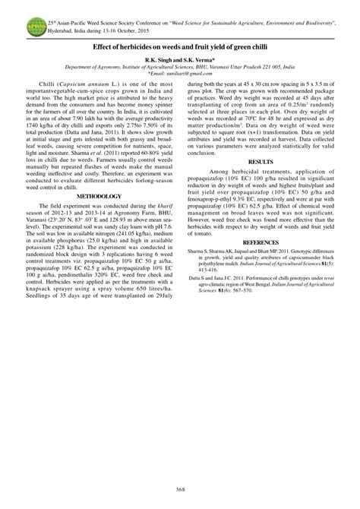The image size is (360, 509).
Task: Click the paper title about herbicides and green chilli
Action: [x=179, y=46]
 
